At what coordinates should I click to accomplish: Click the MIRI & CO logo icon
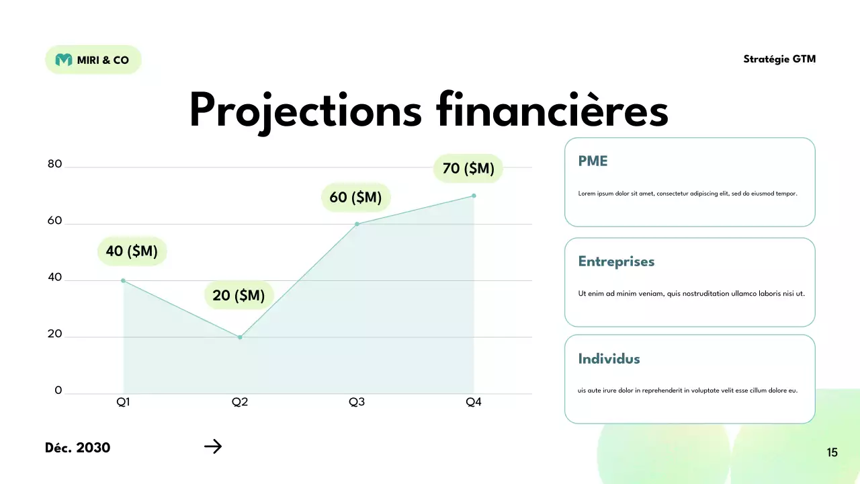64,60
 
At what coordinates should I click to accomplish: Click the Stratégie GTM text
779,59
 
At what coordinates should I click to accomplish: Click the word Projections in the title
305,111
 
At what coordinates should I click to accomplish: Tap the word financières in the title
552,110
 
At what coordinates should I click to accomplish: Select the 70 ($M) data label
468,168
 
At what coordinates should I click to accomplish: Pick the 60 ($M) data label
355,197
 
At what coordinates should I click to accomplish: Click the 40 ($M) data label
132,251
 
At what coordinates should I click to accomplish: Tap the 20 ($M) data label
239,295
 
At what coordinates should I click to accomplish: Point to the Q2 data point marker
240,337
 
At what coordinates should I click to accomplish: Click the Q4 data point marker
474,196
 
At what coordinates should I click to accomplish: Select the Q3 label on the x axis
357,402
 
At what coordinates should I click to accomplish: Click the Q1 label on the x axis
124,402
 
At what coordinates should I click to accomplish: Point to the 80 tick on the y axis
54,164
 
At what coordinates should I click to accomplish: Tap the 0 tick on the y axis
58,391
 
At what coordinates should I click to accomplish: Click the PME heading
593,161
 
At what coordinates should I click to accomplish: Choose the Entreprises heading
616,261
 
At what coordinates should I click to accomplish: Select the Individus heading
609,359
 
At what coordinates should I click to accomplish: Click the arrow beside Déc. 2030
213,446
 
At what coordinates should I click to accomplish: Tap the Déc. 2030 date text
78,448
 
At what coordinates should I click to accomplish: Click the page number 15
832,452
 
